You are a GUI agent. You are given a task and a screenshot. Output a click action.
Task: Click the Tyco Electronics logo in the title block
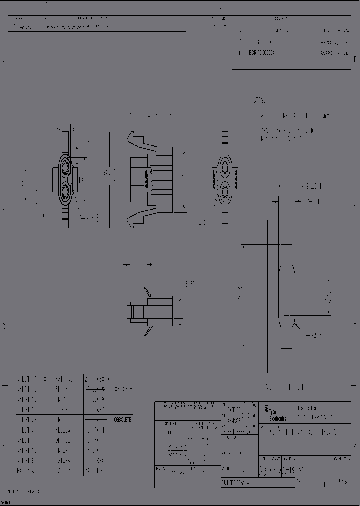coord(276,415)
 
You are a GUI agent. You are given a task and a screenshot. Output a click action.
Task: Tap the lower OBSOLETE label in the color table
coord(122,419)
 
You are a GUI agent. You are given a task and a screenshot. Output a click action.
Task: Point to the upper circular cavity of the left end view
coord(65,166)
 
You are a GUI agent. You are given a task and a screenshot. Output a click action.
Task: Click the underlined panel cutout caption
coord(283,387)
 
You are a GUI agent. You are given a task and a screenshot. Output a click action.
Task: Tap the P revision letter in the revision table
coord(241,52)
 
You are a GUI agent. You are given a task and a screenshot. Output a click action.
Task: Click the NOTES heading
coord(258,100)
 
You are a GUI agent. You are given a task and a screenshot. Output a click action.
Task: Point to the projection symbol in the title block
coord(172,448)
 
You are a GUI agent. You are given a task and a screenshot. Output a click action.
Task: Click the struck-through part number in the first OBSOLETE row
coord(94,389)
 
